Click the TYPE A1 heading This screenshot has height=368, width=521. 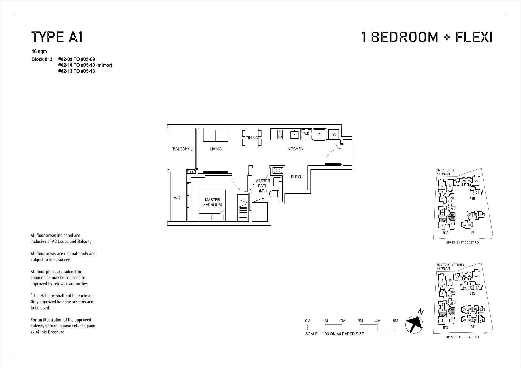tap(57, 37)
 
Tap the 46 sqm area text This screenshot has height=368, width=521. tap(39, 51)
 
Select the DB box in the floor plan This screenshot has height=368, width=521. tap(333, 135)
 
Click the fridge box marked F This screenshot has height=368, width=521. tap(319, 135)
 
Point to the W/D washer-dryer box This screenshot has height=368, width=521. tap(306, 134)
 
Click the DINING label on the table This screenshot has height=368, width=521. tap(252, 138)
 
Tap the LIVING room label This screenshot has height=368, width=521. tap(216, 149)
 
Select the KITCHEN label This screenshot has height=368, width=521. tap(295, 149)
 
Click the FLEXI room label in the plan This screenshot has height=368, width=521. tap(296, 177)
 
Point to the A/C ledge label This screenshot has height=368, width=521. tap(177, 198)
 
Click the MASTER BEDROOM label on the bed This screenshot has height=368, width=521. tap(212, 202)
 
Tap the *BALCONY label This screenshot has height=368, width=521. tap(181, 149)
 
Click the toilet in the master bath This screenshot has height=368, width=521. tap(274, 194)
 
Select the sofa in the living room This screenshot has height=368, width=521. tap(215, 135)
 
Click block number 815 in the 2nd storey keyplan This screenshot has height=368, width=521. tap(472, 199)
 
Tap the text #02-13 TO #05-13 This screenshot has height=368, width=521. tap(76, 71)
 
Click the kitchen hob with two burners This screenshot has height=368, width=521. tap(280, 134)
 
